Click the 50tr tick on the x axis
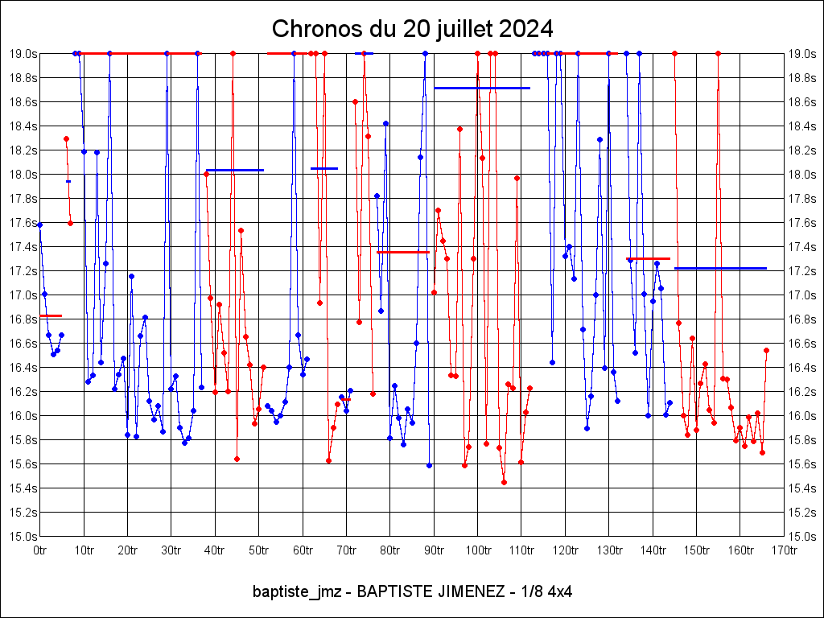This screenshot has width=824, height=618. point(258,550)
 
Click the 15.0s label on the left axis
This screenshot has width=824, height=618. point(23,536)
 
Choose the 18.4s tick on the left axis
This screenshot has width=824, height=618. point(23,126)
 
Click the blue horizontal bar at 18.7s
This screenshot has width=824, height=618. point(482,88)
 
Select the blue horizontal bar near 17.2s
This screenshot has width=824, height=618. point(720,268)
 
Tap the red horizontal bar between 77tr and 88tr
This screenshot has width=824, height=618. point(402,252)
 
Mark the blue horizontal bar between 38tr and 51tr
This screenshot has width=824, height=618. point(235,170)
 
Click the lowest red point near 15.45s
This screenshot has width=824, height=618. point(504,482)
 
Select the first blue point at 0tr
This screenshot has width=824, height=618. point(39,225)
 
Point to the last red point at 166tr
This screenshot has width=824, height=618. point(766,350)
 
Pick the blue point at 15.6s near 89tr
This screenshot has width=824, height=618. point(429,465)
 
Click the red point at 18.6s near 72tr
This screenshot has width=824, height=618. point(355,101)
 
